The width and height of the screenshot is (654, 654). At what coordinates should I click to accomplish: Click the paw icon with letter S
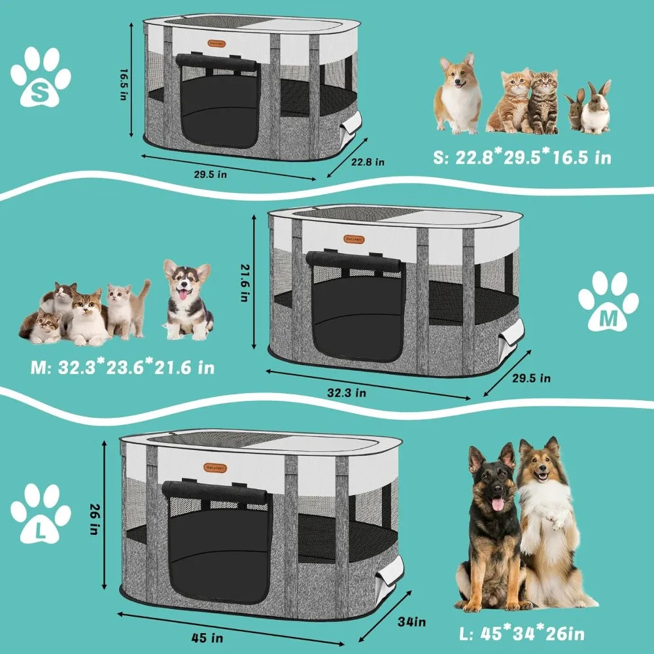click(41, 77)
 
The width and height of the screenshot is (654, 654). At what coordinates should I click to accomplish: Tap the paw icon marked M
click(608, 303)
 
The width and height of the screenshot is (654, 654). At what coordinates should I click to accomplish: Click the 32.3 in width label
click(346, 392)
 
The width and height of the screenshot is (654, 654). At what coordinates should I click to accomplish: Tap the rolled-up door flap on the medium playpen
click(354, 260)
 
